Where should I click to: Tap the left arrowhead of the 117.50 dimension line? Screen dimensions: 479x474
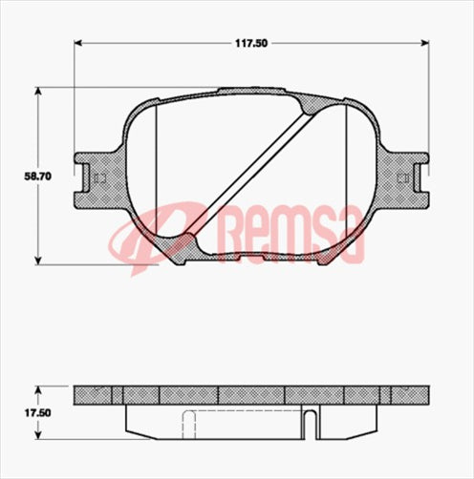tap(78, 43)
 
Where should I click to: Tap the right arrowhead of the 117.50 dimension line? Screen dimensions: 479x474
tap(424, 43)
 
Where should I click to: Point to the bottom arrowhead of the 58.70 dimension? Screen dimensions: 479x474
tap(39, 261)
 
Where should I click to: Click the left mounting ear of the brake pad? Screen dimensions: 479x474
tap(96, 177)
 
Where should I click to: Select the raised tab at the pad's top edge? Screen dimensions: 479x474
tap(253, 92)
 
